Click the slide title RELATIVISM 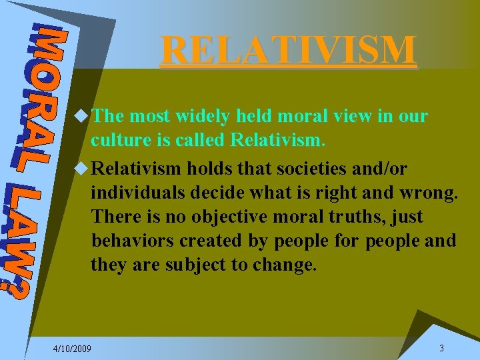[x=289, y=50]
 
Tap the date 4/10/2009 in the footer [x=73, y=349]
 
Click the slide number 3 [x=441, y=348]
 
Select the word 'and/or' [x=384, y=167]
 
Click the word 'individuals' [x=137, y=192]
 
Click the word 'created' [x=217, y=241]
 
